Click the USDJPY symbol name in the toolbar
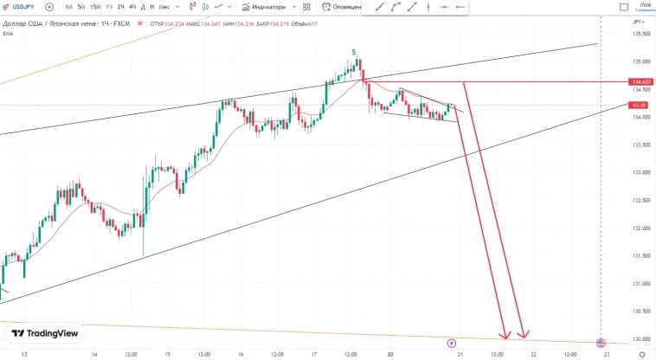tap(23, 7)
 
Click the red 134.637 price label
tap(640, 82)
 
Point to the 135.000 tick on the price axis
tap(640, 61)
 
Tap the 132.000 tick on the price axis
tap(640, 228)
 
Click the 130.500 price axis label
tap(640, 312)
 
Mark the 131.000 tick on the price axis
tap(640, 284)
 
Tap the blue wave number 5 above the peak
tap(353, 52)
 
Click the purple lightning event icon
tap(451, 344)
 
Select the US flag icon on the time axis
tap(601, 344)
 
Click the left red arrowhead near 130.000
tap(505, 335)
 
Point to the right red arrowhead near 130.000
tap(523, 335)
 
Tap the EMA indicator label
tap(8, 34)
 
